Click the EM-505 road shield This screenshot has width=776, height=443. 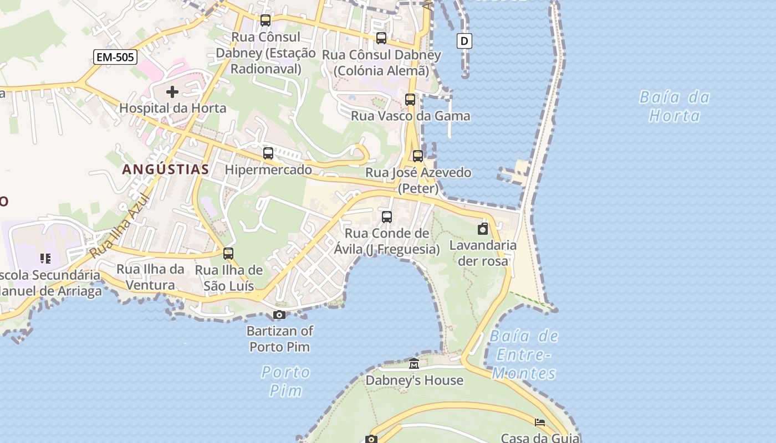click(x=115, y=56)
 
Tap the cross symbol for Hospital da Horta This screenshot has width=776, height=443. click(x=172, y=91)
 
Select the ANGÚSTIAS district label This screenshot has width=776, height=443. click(x=166, y=169)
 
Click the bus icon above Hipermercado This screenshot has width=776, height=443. click(x=268, y=153)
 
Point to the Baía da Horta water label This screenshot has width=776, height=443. click(x=675, y=106)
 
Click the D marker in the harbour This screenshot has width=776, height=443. click(x=464, y=40)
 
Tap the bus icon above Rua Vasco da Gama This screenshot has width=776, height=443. click(x=410, y=100)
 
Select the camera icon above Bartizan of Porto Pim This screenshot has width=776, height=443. click(x=279, y=315)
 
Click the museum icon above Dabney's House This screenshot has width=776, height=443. click(x=414, y=364)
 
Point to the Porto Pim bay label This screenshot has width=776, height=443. click(x=286, y=381)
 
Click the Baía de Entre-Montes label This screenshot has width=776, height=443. click(x=524, y=354)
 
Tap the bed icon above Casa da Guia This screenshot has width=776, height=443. click(x=540, y=423)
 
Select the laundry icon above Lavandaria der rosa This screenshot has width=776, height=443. click(x=483, y=229)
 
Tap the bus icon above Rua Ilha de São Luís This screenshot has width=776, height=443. click(x=228, y=254)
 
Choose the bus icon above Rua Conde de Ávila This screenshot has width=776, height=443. click(x=387, y=217)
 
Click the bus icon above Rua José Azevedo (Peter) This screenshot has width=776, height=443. click(x=418, y=156)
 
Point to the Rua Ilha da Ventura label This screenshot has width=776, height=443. click(x=150, y=277)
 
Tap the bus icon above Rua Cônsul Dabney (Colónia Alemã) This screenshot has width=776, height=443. click(x=381, y=38)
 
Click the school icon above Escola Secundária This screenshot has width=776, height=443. click(x=45, y=258)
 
